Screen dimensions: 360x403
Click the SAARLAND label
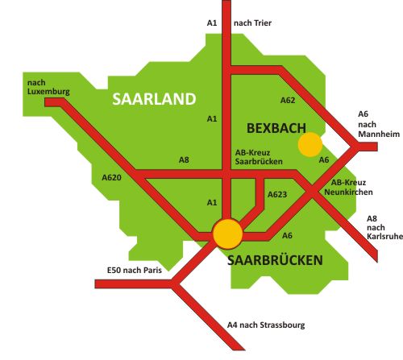point(154,99)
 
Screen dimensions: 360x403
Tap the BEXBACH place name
point(276,127)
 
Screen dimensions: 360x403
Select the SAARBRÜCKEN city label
point(275,260)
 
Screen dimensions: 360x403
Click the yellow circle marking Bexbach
point(310,145)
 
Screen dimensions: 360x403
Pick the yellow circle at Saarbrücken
point(227,234)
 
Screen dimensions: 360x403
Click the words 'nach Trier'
point(252,23)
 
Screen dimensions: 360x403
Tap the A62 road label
point(288,101)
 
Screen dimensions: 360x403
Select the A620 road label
point(111,176)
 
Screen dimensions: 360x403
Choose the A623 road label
point(277,194)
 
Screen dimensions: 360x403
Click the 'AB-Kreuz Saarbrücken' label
point(256,157)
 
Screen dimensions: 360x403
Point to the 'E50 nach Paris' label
point(134,271)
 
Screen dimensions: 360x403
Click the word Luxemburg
point(48,92)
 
